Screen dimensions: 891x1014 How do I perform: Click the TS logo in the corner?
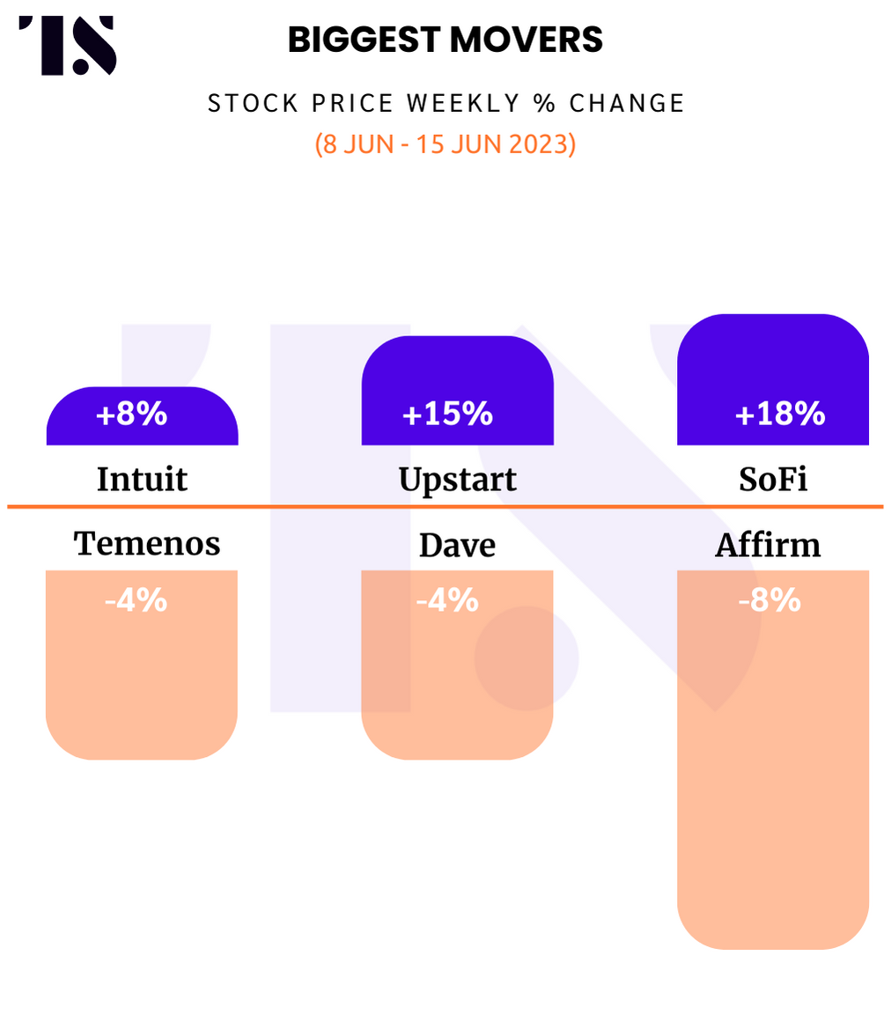pyautogui.click(x=68, y=45)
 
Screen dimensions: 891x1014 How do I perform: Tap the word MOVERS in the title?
pyautogui.click(x=526, y=40)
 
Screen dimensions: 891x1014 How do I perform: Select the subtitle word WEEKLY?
pyautogui.click(x=463, y=104)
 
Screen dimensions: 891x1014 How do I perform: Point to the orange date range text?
pyautogui.click(x=445, y=143)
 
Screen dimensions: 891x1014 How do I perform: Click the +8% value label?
pyautogui.click(x=131, y=413)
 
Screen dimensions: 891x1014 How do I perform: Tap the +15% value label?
pyautogui.click(x=447, y=413)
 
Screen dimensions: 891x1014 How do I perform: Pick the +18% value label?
pyautogui.click(x=780, y=413)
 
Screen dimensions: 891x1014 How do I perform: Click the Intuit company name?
pyautogui.click(x=143, y=479)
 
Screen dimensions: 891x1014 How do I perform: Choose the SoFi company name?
pyautogui.click(x=773, y=479)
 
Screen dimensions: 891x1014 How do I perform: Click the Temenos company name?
pyautogui.click(x=147, y=543)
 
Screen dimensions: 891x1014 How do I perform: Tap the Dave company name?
pyautogui.click(x=458, y=545)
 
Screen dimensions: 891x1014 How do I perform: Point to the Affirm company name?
pyautogui.click(x=768, y=545)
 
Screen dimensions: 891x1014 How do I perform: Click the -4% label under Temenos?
pyautogui.click(x=136, y=600)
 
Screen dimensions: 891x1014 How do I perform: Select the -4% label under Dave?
pyautogui.click(x=447, y=600)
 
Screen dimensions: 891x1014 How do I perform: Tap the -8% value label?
pyautogui.click(x=769, y=600)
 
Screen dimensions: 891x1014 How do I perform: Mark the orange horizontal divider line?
pyautogui.click(x=445, y=507)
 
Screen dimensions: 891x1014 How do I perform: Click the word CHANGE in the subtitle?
pyautogui.click(x=627, y=104)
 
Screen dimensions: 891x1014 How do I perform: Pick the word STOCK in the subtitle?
pyautogui.click(x=253, y=104)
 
